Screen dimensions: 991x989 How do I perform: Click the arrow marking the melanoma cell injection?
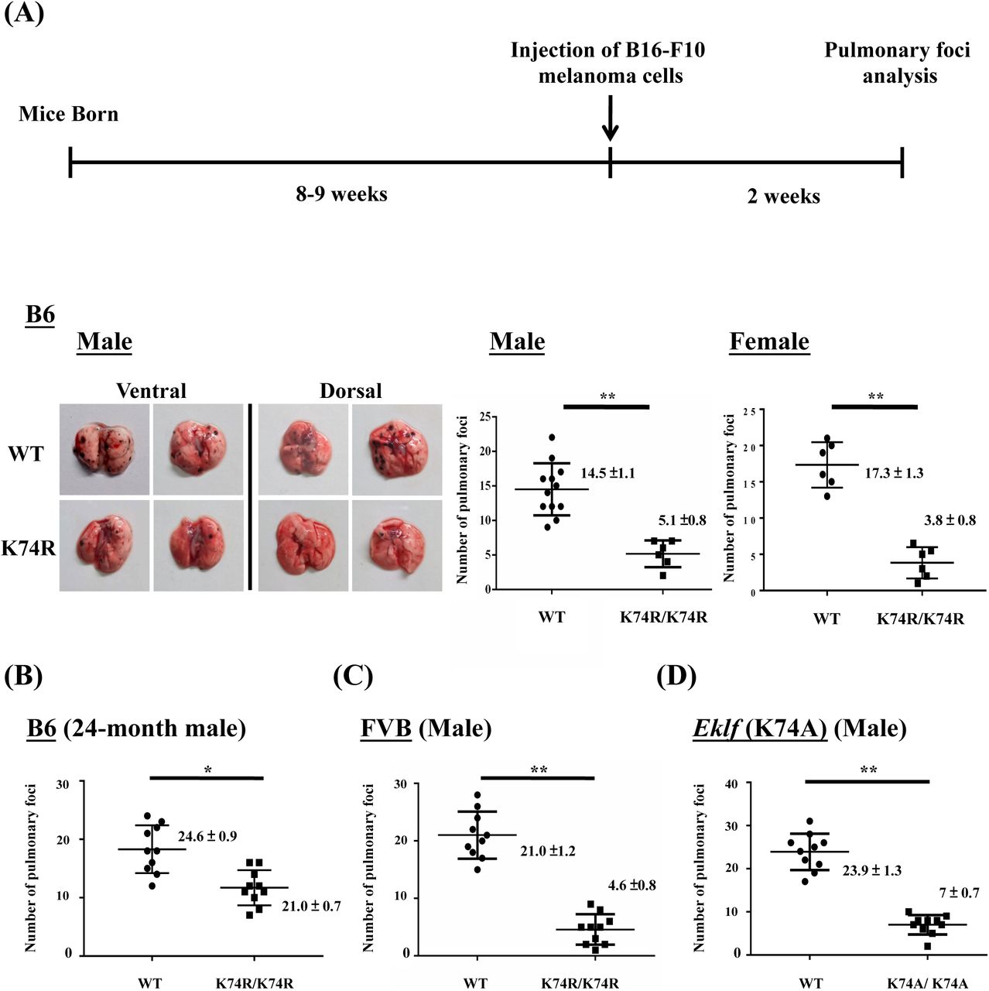click(x=610, y=119)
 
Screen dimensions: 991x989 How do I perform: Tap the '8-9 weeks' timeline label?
click(x=341, y=194)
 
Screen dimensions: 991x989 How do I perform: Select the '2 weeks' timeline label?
click(x=783, y=197)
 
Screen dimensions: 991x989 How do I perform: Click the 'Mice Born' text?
click(x=69, y=115)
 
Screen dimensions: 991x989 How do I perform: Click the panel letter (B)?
click(x=23, y=676)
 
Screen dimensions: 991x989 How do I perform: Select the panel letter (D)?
click(x=676, y=676)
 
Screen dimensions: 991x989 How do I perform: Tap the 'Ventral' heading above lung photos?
click(x=151, y=391)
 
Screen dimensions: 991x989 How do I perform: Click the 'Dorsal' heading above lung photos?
click(x=351, y=391)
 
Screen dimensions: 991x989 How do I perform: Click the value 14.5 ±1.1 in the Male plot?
click(x=607, y=473)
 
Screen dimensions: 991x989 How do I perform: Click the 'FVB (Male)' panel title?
click(x=426, y=729)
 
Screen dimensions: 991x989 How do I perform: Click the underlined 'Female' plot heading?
click(x=769, y=341)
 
